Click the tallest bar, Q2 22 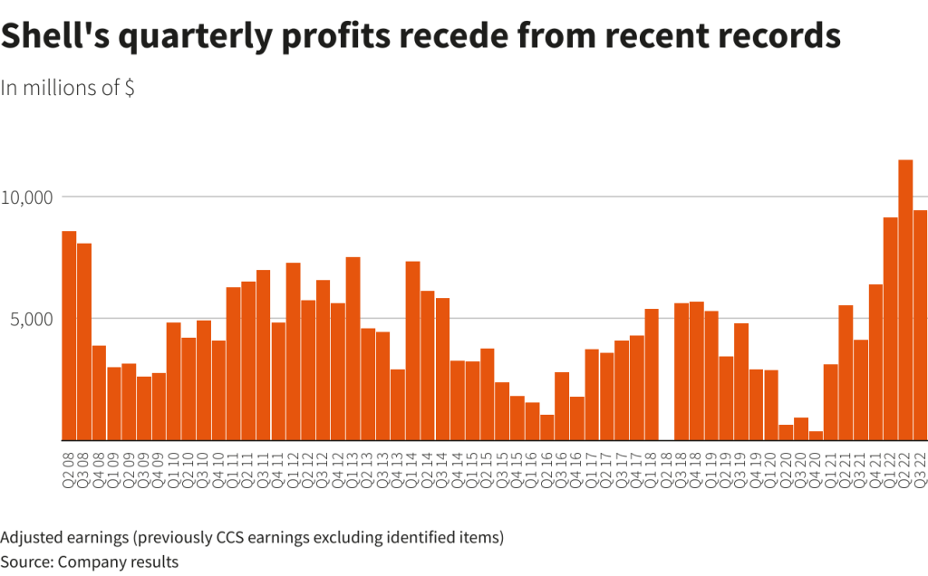[905, 300]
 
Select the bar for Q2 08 [69, 335]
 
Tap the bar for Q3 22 [920, 325]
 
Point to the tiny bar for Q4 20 [816, 436]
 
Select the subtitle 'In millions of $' [68, 88]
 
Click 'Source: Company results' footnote [90, 562]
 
